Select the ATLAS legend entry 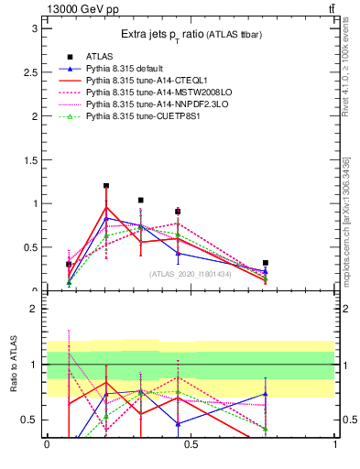[x=100, y=57]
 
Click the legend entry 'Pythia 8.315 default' [x=127, y=69]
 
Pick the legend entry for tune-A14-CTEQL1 [x=142, y=81]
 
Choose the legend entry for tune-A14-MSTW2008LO [x=150, y=93]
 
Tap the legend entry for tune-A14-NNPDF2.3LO [x=149, y=104]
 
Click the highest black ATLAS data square [x=106, y=186]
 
